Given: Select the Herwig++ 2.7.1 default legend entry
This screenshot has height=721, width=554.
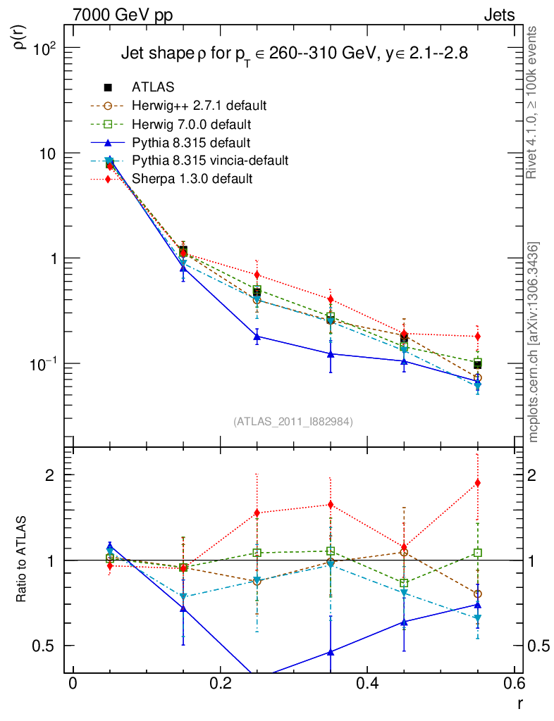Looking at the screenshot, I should pos(199,106).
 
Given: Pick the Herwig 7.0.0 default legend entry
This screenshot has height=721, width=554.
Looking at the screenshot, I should pos(191,124).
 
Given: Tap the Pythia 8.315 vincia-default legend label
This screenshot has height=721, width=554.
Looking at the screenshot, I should pos(210,161).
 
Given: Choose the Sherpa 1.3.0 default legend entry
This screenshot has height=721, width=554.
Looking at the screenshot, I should pos(192,179).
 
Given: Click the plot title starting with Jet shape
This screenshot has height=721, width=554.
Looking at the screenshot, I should pos(294,53).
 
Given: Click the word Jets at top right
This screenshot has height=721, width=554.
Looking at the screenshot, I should pos(498,15).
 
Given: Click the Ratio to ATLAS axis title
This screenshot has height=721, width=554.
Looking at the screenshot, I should pos(21,560).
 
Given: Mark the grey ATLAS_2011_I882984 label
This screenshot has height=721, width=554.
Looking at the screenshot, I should pos(293,422).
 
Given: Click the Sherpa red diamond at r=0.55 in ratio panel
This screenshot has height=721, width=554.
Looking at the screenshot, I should pos(478,483).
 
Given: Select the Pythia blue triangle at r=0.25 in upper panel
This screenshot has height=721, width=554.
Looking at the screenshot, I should pos(257,337).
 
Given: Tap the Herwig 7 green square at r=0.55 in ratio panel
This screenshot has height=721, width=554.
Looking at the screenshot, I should pos(478,553).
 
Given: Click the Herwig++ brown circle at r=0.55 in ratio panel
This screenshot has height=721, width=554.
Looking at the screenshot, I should pos(478,594).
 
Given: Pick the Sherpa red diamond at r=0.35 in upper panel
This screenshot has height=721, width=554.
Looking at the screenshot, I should pos(331,300).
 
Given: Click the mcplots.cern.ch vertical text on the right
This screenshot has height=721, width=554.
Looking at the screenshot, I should pos(534,342).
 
